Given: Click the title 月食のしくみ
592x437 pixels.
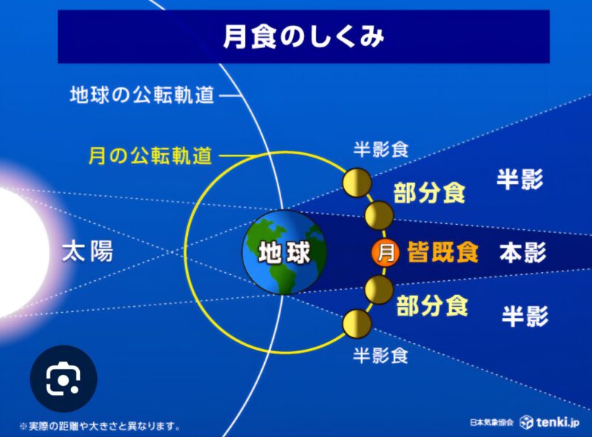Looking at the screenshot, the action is (x=303, y=37).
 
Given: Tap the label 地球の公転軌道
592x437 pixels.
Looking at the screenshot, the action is (x=142, y=95).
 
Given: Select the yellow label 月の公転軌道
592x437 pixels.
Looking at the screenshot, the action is (x=150, y=155).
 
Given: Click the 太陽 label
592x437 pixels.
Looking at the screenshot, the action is (x=87, y=251).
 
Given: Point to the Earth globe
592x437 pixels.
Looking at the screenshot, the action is (x=284, y=251).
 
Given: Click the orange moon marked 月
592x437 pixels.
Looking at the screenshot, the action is (x=386, y=252).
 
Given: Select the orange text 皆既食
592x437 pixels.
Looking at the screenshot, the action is (x=443, y=252).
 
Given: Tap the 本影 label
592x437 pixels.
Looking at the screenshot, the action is (x=523, y=252).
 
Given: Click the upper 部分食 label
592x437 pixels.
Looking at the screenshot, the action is (x=429, y=193).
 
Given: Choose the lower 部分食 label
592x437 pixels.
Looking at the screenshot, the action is (x=432, y=305).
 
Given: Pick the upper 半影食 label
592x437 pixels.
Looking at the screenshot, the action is (x=381, y=149).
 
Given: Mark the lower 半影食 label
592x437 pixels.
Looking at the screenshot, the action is (x=380, y=356).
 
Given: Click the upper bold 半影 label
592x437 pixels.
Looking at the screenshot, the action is (x=520, y=179).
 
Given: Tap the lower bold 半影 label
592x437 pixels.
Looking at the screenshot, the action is (x=525, y=316).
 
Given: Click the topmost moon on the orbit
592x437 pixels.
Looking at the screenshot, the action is (x=357, y=183).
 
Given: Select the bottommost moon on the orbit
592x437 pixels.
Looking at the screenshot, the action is (x=357, y=323).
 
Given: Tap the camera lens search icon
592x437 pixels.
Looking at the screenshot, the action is (x=64, y=379).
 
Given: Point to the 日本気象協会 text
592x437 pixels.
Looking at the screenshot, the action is (x=491, y=422).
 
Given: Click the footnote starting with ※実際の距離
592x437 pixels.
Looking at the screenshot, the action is (x=100, y=427).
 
